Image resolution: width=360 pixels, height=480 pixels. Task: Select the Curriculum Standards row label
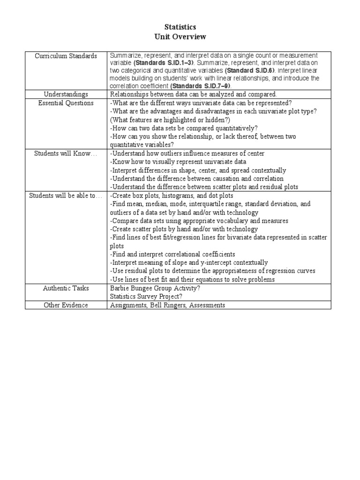66,56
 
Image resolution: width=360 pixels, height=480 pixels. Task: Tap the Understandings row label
66,94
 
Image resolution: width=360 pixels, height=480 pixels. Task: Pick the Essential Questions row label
66,103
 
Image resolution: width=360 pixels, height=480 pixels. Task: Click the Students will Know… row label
66,153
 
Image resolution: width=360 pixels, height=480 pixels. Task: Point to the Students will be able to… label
66,195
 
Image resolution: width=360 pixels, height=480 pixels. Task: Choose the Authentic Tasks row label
66,288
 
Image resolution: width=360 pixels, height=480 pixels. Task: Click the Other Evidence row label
66,305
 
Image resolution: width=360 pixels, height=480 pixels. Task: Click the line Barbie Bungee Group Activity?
155,288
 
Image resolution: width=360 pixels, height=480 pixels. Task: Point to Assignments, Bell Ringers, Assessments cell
167,305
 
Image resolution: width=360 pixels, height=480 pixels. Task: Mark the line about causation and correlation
197,179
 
